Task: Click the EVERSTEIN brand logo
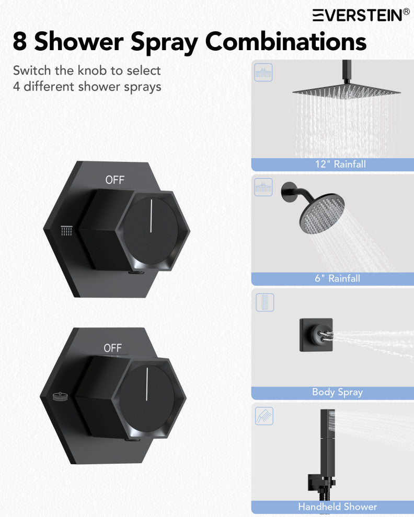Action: click(361, 15)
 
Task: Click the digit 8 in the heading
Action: click(20, 41)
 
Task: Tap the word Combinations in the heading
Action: click(285, 41)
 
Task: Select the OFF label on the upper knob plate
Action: click(115, 180)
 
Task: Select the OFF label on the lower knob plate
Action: click(112, 348)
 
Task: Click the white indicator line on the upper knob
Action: click(151, 216)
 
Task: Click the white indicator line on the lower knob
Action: click(147, 384)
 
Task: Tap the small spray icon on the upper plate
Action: click(66, 230)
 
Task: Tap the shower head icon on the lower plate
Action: click(60, 397)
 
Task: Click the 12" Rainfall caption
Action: click(340, 164)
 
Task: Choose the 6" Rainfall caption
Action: click(337, 278)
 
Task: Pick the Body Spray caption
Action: click(337, 392)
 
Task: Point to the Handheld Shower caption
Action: click(337, 507)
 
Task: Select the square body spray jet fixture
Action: click(316, 335)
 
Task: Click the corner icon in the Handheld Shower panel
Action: click(264, 416)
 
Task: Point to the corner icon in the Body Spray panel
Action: click(265, 302)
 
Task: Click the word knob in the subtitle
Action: click(100, 70)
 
